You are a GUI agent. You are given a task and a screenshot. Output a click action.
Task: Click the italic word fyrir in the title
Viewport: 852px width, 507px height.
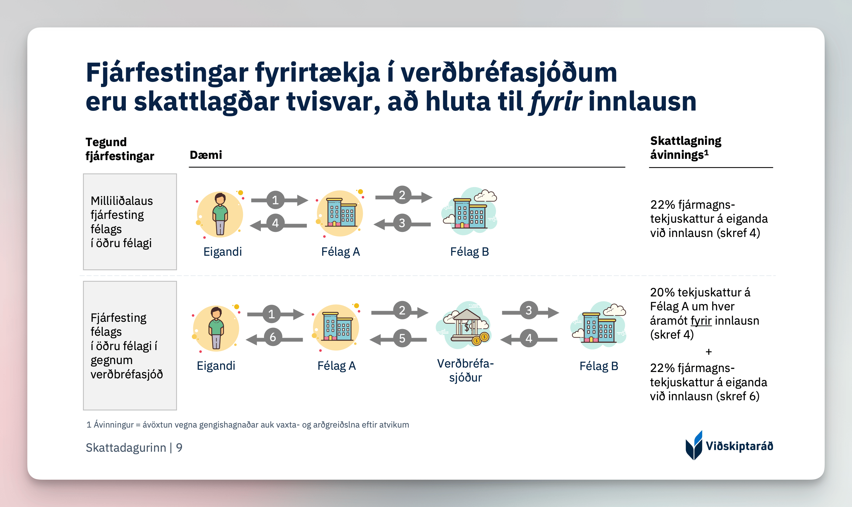[555, 102]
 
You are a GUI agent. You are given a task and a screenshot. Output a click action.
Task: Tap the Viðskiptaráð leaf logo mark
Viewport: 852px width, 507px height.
[694, 445]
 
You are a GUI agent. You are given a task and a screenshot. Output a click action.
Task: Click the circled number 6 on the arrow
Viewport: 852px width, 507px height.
[273, 337]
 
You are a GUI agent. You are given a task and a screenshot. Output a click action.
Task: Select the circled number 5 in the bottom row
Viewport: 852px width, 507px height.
[402, 338]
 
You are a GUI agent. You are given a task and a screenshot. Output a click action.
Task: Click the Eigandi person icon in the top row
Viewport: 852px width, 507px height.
[220, 214]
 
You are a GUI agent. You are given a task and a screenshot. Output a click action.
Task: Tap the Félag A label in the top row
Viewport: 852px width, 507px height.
[341, 252]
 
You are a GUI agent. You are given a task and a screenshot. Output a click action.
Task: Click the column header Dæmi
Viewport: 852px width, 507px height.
[206, 155]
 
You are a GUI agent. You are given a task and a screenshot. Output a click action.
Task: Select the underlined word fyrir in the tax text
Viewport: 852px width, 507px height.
[701, 321]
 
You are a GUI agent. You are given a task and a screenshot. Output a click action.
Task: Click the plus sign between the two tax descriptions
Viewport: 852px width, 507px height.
[708, 352]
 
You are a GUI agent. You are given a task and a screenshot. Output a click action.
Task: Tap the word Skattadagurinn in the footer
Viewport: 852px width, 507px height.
[126, 448]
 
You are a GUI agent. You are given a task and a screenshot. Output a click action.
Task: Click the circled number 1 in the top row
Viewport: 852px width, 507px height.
[275, 200]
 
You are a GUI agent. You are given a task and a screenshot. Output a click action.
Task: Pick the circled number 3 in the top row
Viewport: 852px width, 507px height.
[402, 223]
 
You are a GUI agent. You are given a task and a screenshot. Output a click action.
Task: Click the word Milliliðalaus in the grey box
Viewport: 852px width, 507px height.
[122, 201]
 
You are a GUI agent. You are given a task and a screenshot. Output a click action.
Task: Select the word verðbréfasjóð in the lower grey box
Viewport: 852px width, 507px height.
[127, 375]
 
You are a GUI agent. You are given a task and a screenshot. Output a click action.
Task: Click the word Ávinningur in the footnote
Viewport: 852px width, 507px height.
[114, 425]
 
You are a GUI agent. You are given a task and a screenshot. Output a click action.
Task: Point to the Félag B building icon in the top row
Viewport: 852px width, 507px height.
[470, 211]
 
